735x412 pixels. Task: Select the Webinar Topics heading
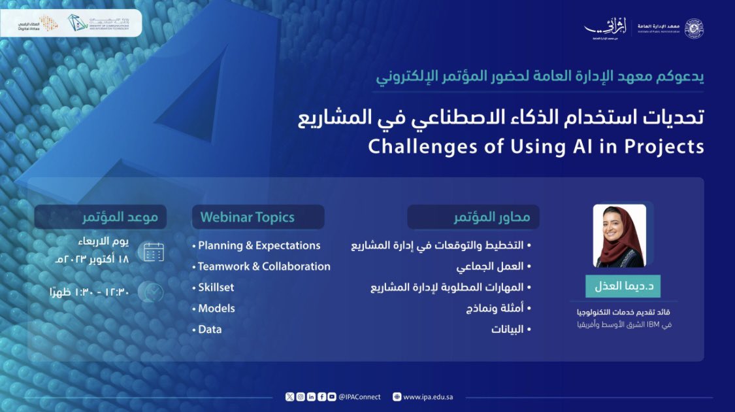248,217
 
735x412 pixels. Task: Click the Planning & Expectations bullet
259,246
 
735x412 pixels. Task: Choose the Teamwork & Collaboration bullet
264,267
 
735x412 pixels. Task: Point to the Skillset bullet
216,288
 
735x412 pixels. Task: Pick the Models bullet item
216,309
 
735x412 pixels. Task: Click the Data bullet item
210,330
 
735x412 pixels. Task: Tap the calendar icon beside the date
154,252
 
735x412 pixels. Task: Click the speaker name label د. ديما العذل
623,286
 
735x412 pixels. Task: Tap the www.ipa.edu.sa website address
428,397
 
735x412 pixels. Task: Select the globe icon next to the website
397,397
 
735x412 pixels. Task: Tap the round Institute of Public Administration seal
694,28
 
